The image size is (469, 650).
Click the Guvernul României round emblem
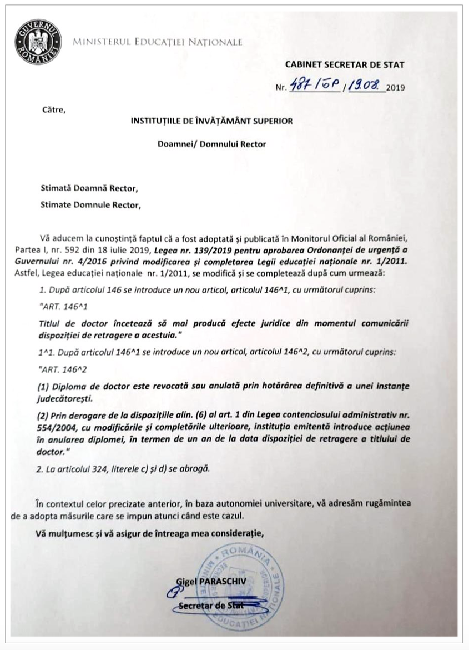(x=37, y=38)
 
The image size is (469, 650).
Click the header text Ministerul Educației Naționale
(x=158, y=42)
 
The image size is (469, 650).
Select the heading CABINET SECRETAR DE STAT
(x=345, y=64)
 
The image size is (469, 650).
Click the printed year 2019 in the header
(x=396, y=88)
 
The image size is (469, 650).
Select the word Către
(x=54, y=109)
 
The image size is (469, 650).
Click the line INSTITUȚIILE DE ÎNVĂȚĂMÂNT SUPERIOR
(x=211, y=121)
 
